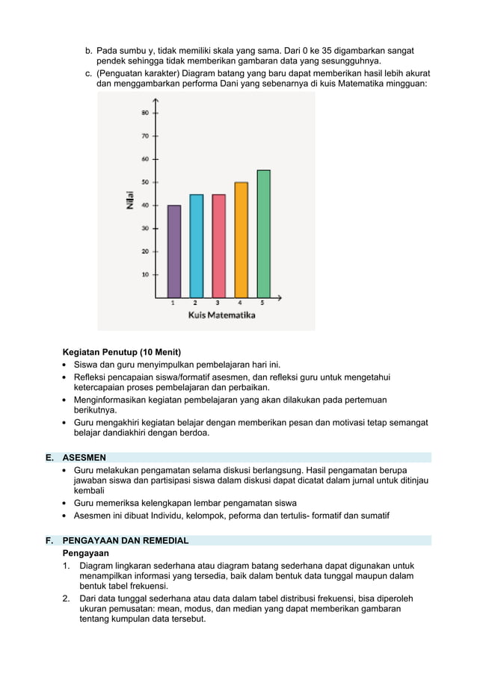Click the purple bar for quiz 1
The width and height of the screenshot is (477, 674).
(173, 252)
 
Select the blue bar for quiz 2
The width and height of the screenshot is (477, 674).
(196, 247)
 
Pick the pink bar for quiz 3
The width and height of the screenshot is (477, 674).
(218, 247)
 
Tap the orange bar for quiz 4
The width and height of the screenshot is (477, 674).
(241, 240)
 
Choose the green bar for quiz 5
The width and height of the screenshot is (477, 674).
(263, 234)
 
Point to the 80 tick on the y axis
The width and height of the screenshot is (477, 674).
(144, 113)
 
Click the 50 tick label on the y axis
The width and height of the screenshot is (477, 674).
(144, 182)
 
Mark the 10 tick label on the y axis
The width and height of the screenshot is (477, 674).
(144, 274)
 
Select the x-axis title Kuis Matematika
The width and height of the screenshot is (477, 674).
(221, 315)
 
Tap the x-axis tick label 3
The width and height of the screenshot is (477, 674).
(218, 303)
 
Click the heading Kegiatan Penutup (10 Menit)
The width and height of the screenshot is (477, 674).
(122, 352)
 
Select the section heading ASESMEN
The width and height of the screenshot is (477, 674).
(84, 457)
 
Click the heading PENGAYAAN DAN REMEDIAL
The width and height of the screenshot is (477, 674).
(125, 540)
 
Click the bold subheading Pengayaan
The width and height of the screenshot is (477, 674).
(85, 553)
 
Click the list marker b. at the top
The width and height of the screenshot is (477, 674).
(88, 50)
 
